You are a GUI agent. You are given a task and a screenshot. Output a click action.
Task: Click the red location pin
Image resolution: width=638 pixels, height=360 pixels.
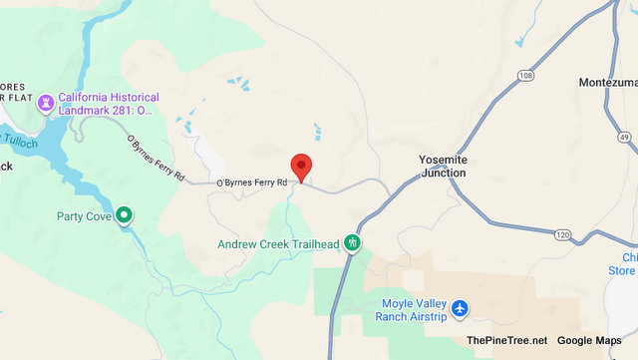301,167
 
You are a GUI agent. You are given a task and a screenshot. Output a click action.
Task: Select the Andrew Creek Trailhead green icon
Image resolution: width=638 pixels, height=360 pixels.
352,243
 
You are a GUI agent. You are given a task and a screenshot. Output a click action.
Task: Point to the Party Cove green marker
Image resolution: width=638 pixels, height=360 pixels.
124,214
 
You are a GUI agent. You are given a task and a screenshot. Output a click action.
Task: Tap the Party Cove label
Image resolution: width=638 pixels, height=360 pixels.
83,214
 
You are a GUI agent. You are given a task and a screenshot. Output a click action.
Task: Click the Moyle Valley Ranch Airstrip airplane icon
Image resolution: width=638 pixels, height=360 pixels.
459,308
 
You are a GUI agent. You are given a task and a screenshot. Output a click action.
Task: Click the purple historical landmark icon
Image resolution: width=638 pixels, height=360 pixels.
46,103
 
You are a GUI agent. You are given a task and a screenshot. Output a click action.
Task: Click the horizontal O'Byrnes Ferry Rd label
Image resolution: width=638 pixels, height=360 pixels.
252,182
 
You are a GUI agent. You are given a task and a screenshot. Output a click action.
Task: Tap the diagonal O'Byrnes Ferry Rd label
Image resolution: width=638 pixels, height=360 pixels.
156,159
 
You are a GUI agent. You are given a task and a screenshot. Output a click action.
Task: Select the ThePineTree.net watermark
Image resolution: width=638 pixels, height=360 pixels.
506,341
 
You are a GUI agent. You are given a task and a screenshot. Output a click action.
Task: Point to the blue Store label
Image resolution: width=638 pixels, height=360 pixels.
622,270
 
